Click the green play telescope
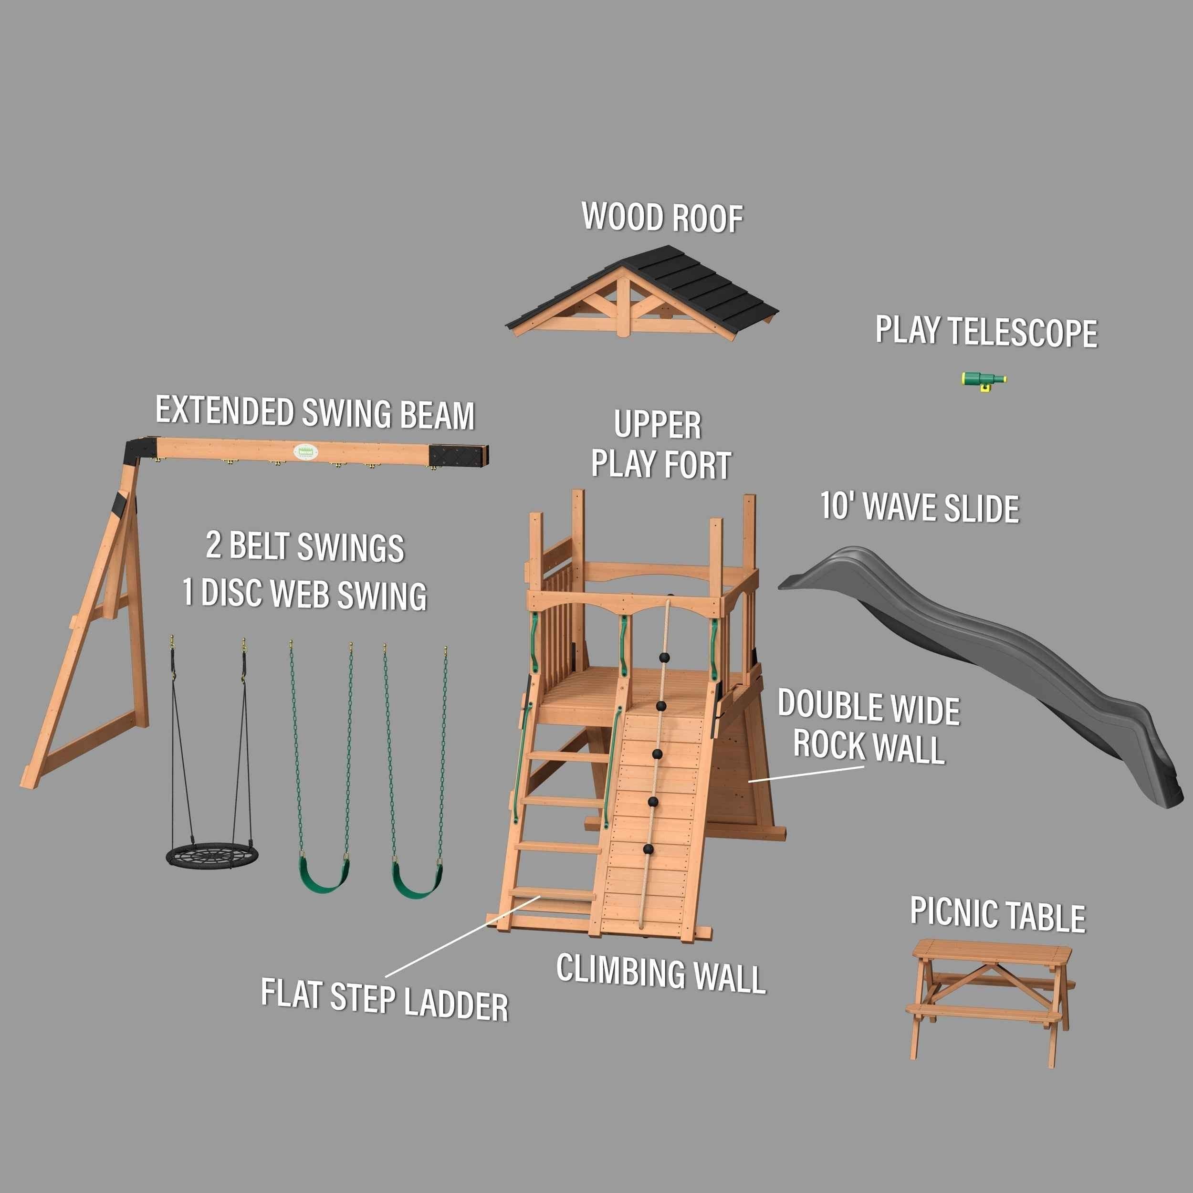[983, 380]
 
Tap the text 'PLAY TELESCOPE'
[986, 332]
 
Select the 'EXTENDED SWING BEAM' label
[315, 412]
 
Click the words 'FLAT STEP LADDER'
[384, 998]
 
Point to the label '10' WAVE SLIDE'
[920, 508]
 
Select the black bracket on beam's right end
[460, 455]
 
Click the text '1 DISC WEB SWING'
[304, 594]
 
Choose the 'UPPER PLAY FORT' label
[659, 445]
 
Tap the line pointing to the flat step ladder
[463, 937]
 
